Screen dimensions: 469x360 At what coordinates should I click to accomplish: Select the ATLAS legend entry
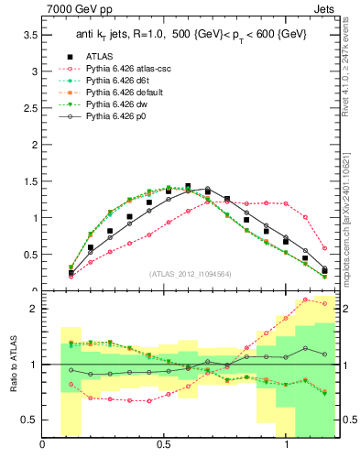(x=103, y=56)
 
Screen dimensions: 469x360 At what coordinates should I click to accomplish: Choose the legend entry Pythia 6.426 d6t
(x=119, y=81)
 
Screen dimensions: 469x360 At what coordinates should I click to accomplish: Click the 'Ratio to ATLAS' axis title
(x=12, y=365)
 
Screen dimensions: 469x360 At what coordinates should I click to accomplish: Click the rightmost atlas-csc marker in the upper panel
(x=324, y=247)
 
